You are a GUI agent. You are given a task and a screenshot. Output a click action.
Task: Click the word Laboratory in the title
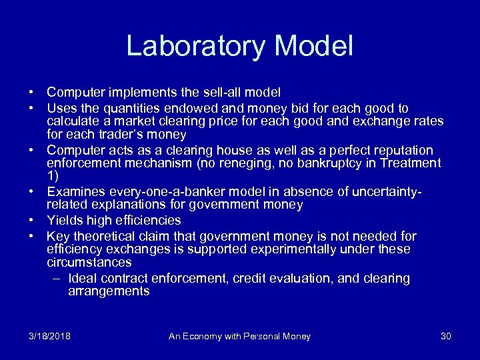pos(195,46)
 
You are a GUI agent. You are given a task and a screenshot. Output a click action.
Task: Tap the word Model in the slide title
pos(313,46)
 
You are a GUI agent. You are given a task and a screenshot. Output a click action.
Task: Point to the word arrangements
pos(109,292)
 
